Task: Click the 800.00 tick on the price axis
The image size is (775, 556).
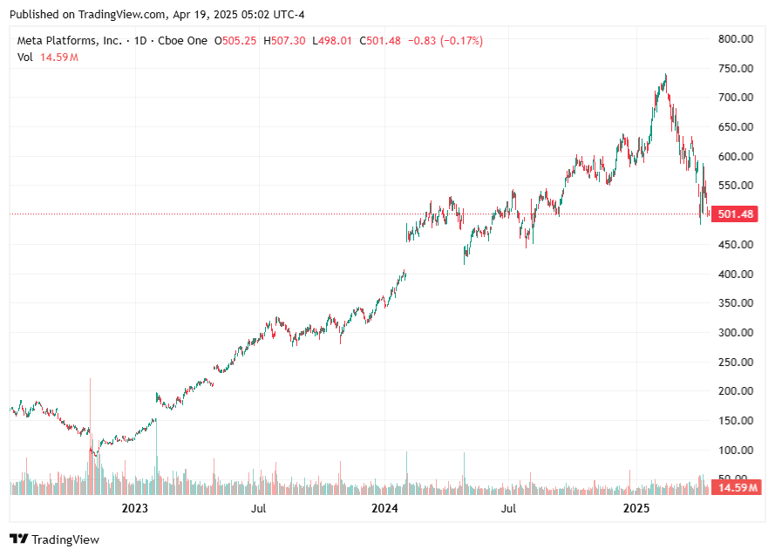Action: (x=735, y=38)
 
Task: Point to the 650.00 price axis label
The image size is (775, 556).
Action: (x=735, y=127)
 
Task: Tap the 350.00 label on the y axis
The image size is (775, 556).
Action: (x=735, y=303)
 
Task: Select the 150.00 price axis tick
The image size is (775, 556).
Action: (x=735, y=421)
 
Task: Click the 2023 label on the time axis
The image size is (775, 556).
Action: (x=134, y=508)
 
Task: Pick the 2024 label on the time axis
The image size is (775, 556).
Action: (x=384, y=508)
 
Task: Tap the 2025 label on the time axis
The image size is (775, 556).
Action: (x=636, y=508)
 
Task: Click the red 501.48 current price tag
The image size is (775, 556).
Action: (x=736, y=214)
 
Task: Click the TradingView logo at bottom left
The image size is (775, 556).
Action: (x=55, y=539)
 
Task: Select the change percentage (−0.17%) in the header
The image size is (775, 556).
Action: (x=461, y=41)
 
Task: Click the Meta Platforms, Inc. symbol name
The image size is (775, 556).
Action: (x=70, y=41)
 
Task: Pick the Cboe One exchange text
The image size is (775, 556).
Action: (x=184, y=41)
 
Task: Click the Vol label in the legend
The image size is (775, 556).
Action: (x=25, y=58)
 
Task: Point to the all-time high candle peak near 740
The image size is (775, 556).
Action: (x=666, y=76)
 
